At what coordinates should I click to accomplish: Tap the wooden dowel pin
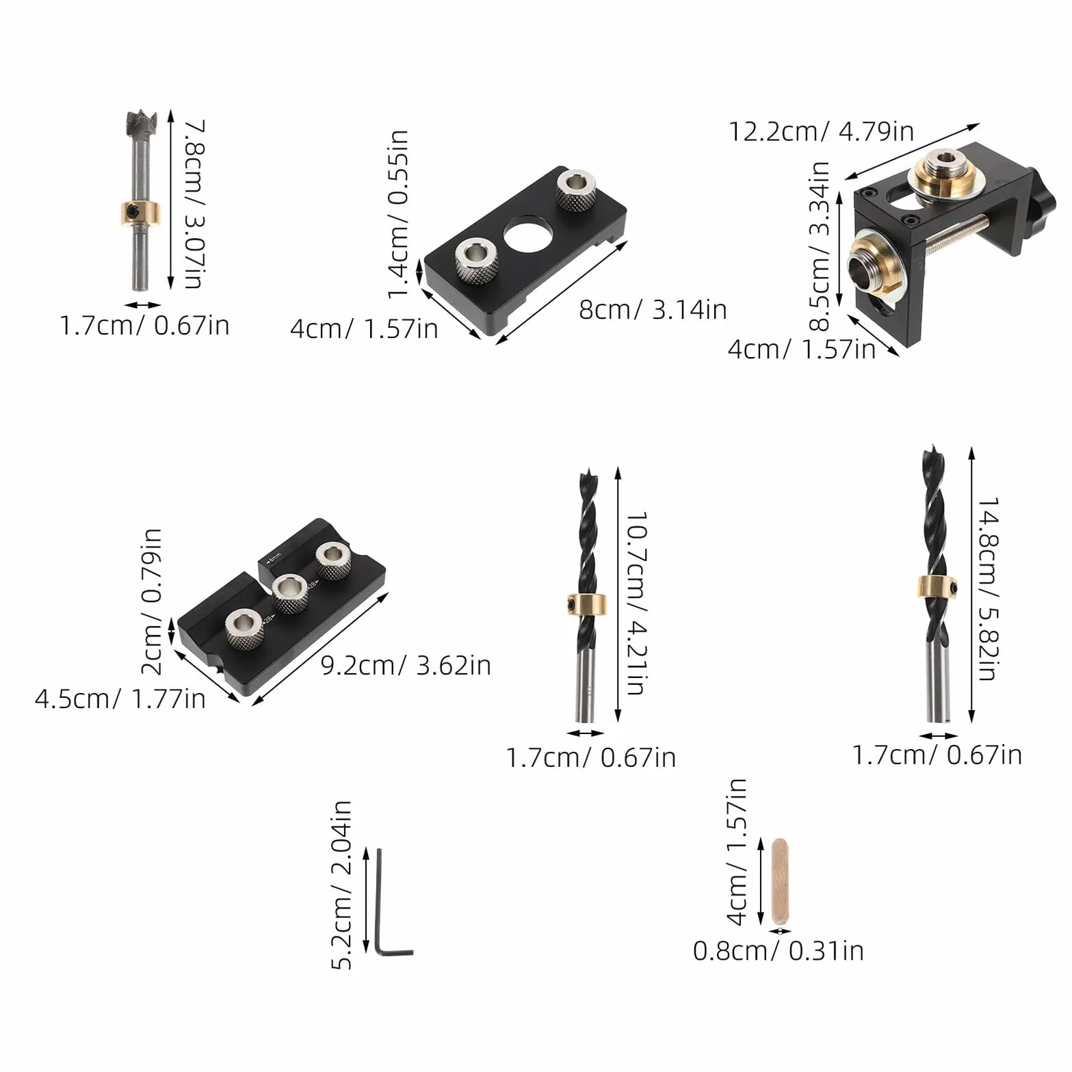779,881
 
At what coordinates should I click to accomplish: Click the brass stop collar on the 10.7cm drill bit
588,604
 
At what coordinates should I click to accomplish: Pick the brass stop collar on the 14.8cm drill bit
937,587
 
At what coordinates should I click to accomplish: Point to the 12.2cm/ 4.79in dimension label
821,131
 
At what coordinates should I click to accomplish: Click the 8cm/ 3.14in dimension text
653,309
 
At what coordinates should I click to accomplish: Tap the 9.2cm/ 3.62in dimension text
406,665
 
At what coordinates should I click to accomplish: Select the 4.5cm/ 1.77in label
120,698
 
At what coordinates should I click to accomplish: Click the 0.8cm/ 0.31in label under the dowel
779,950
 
